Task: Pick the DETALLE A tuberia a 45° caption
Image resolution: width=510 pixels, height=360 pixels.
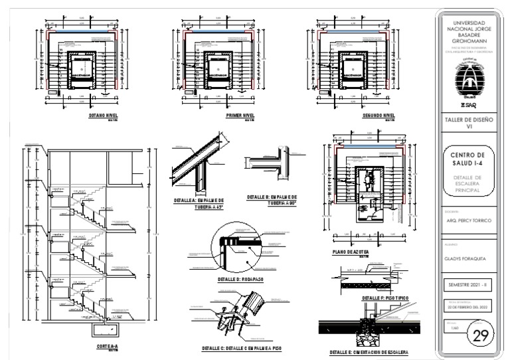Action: click(199, 203)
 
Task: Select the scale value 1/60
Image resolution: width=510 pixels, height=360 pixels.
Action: click(454, 328)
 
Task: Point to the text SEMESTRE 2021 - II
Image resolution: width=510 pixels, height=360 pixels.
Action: click(467, 284)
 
